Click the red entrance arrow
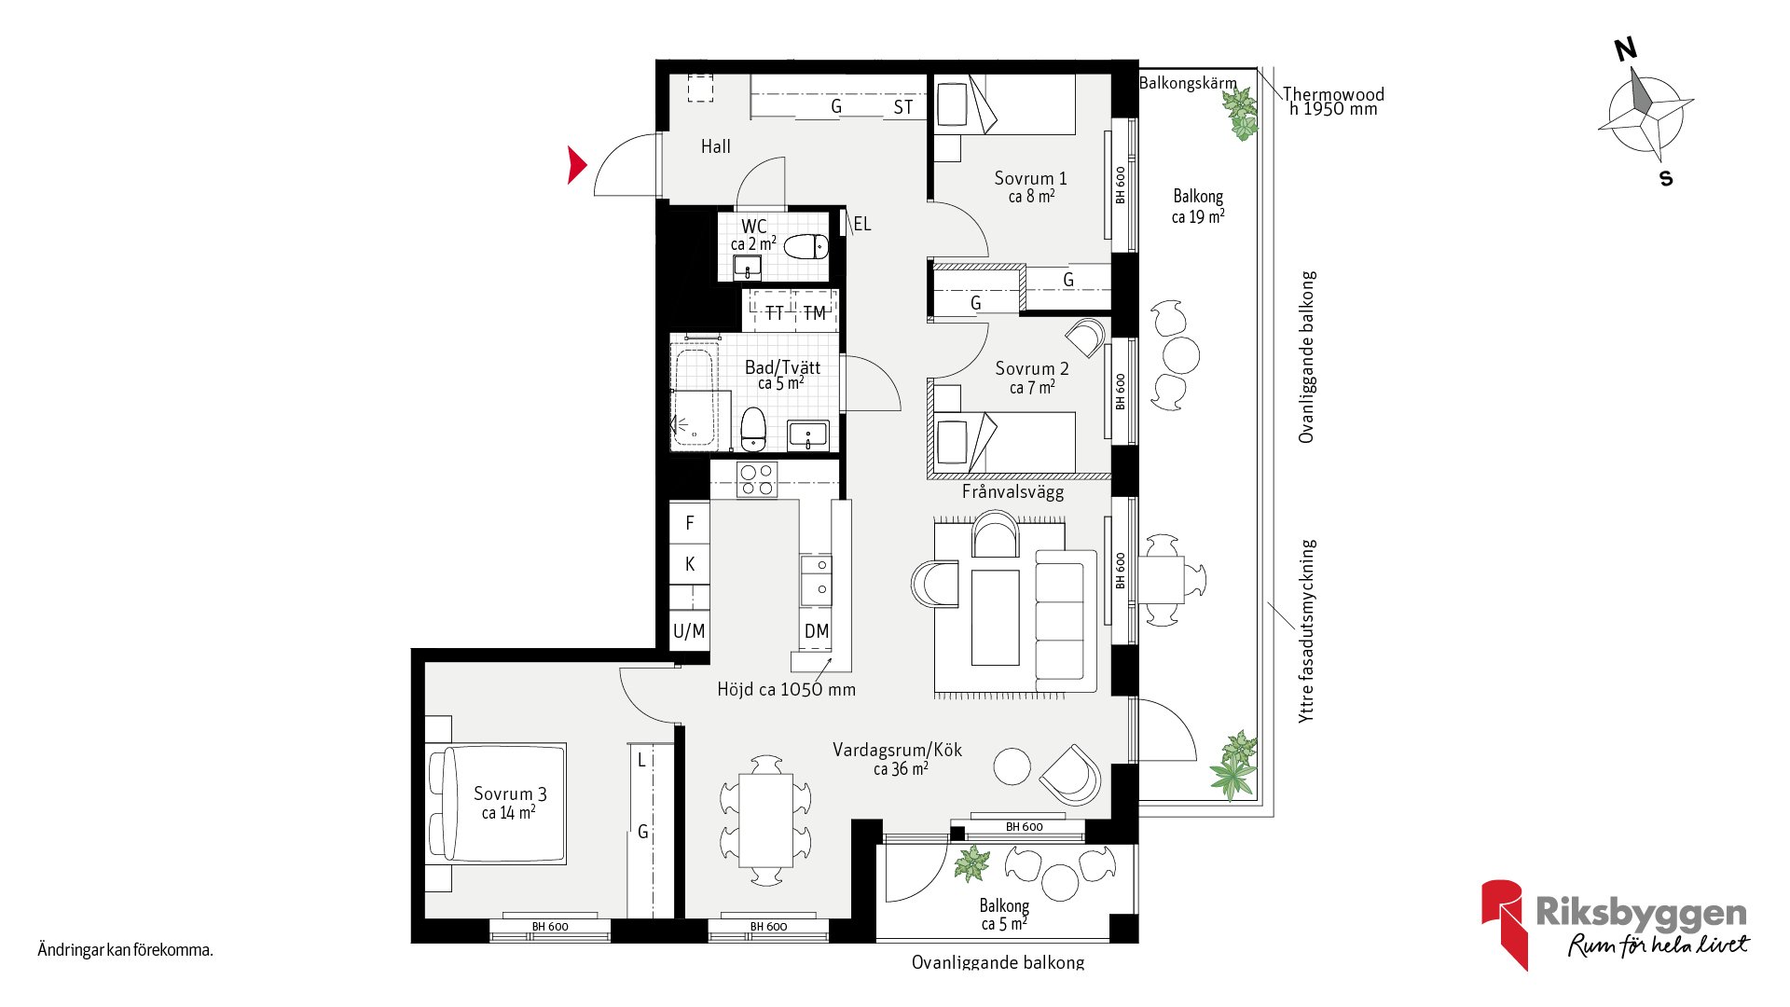577,165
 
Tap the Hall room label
716,146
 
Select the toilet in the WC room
805,247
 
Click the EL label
862,224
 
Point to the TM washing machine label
815,313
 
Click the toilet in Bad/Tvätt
753,429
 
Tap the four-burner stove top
756,480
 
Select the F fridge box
690,522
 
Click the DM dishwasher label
817,631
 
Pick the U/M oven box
690,630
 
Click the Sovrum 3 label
510,793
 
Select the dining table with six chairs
765,821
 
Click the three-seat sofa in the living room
1066,620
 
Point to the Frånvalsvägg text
1012,492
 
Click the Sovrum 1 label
1030,178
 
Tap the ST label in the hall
903,107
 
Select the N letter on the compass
1626,49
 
